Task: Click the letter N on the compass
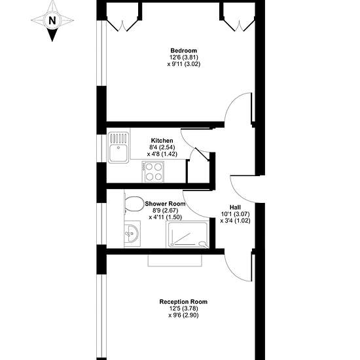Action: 52,21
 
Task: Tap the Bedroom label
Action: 184,50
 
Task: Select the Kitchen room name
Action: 162,141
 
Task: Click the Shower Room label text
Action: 165,204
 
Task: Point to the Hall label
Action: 236,207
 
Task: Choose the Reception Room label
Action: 183,302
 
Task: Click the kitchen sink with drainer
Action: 118,147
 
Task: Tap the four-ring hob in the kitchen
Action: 153,171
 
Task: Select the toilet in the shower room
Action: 133,204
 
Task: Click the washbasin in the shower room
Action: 132,234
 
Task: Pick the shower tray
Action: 188,234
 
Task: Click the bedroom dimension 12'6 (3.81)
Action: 184,57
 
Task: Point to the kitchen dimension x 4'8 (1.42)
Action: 162,154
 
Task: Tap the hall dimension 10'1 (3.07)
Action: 236,214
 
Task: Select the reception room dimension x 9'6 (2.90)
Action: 183,315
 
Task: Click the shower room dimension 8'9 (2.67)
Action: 166,210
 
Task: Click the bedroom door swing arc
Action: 231,103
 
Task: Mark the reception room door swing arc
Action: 231,272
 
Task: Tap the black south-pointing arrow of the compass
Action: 52,35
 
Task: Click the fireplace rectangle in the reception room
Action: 175,261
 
